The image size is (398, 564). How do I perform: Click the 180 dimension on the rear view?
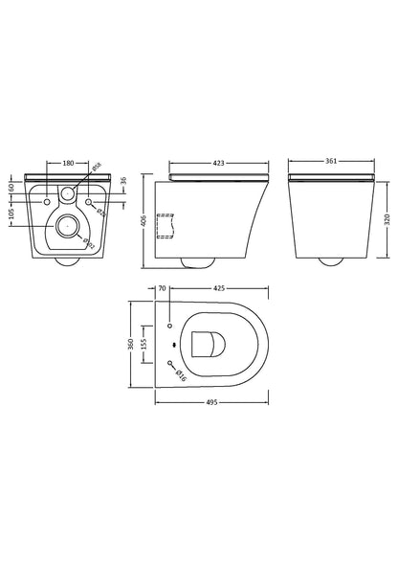[67, 164]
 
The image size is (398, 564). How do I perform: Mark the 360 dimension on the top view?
[133, 341]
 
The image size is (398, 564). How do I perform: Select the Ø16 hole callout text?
[181, 376]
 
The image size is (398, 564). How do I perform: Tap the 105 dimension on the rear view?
[11, 214]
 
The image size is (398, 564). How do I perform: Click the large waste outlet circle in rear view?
[68, 228]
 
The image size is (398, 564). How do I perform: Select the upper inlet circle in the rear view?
[68, 194]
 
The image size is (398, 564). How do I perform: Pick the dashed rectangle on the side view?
[170, 224]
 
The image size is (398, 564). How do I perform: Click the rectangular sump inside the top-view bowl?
[205, 342]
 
